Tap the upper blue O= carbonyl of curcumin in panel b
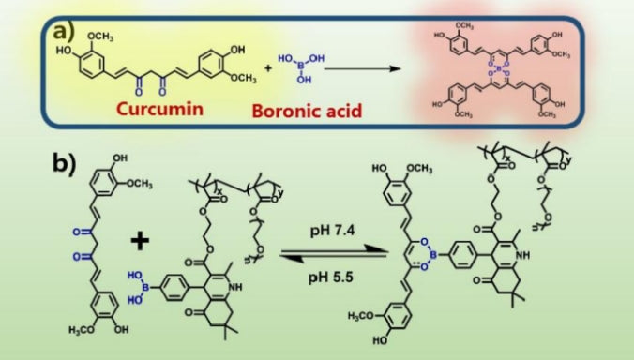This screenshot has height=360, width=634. tap(71, 228)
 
